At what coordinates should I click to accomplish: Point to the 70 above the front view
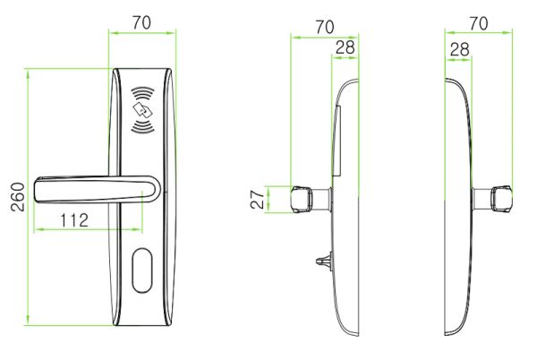(141, 22)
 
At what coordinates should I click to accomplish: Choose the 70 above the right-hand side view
(478, 24)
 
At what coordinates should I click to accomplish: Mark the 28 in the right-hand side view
(459, 49)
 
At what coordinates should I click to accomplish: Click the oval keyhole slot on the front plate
(141, 271)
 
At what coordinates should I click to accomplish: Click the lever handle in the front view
(89, 191)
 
